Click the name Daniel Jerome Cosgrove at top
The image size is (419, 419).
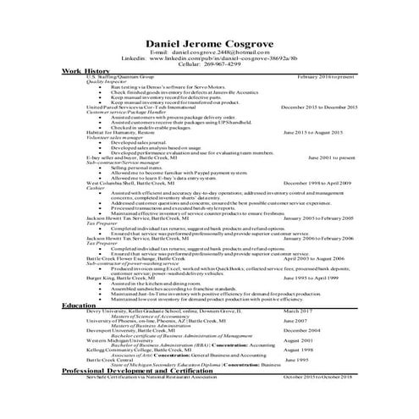point(209,44)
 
